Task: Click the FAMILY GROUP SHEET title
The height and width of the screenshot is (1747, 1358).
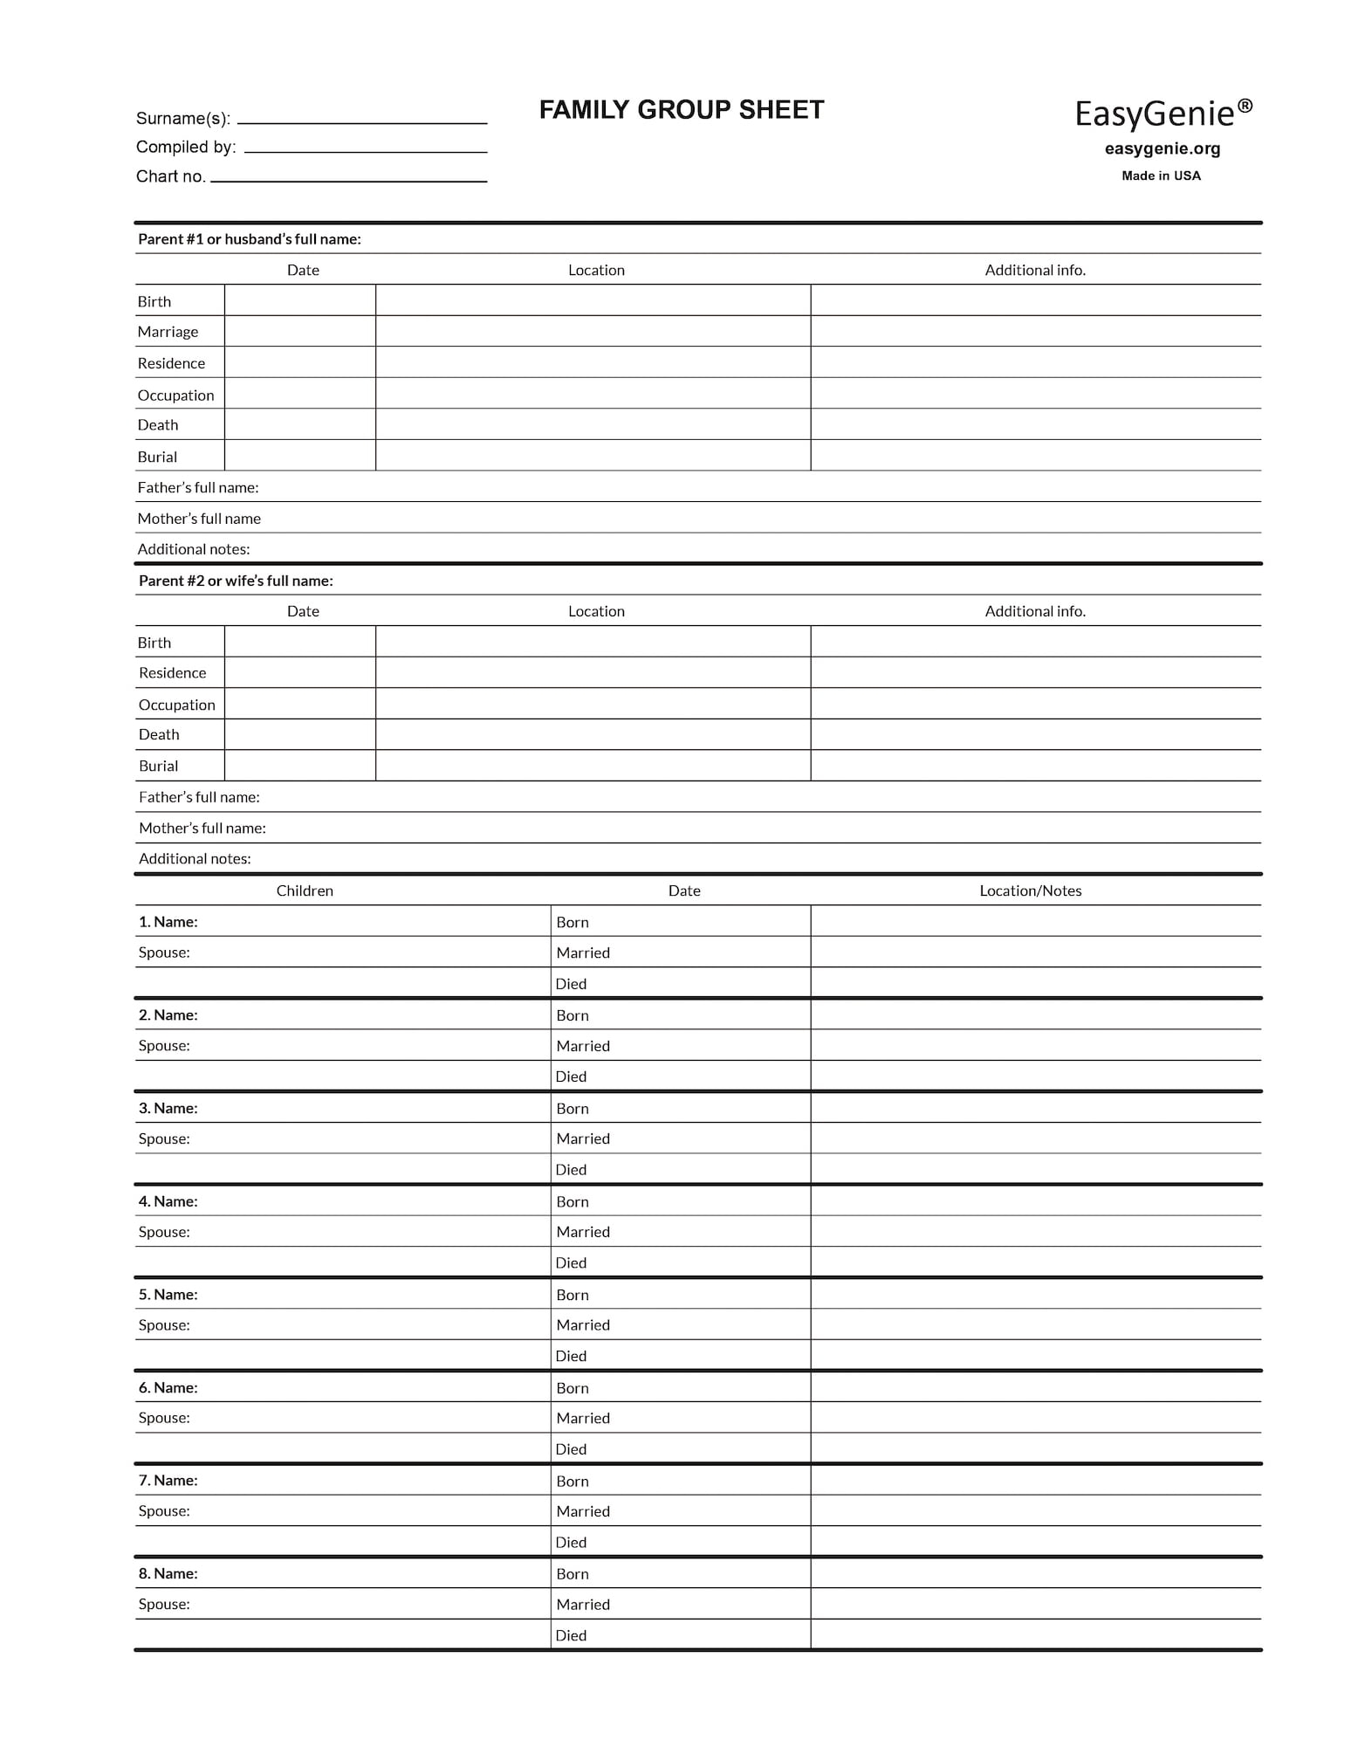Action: pyautogui.click(x=681, y=110)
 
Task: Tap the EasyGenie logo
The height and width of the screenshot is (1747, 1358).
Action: pyautogui.click(x=1163, y=113)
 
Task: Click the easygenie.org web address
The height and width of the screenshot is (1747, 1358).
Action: pyautogui.click(x=1162, y=148)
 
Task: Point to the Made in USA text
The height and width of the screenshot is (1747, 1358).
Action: pyautogui.click(x=1161, y=175)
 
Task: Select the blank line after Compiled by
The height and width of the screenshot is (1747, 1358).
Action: pyautogui.click(x=366, y=149)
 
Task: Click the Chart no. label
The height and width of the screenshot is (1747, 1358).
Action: pyautogui.click(x=170, y=176)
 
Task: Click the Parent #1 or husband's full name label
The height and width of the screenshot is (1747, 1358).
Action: pyautogui.click(x=249, y=239)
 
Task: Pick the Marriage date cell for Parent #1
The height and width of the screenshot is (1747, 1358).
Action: pyautogui.click(x=300, y=332)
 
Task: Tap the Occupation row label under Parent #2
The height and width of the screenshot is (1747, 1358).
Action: pyautogui.click(x=176, y=705)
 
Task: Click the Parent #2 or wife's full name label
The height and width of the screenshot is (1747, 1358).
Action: pyautogui.click(x=236, y=581)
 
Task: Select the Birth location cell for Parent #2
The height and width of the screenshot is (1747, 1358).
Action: pyautogui.click(x=593, y=642)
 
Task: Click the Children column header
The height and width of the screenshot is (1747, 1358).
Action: pyautogui.click(x=305, y=891)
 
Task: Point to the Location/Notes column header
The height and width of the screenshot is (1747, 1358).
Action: pyautogui.click(x=1030, y=891)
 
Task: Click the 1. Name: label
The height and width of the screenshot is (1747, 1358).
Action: pyautogui.click(x=168, y=922)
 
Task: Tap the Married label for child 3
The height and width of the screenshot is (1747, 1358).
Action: pyautogui.click(x=583, y=1138)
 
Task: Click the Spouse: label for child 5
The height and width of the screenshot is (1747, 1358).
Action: pyautogui.click(x=164, y=1324)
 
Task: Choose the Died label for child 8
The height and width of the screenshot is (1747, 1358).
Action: pyautogui.click(x=571, y=1635)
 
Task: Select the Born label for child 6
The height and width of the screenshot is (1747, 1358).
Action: pyautogui.click(x=573, y=1388)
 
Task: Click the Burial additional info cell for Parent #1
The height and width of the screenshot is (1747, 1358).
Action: pyautogui.click(x=1035, y=456)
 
